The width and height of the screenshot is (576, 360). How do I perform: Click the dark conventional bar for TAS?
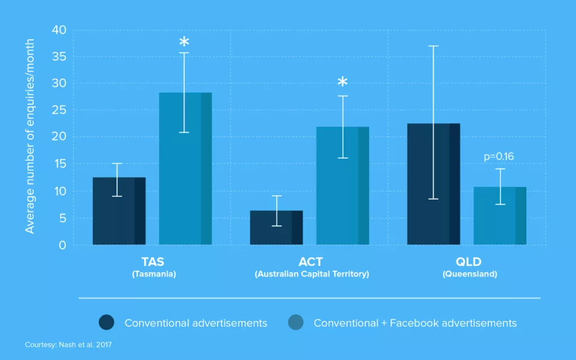point(119,211)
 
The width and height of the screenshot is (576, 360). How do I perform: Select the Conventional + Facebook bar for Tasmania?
point(185,169)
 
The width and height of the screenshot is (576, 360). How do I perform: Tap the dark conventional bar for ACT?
point(276,227)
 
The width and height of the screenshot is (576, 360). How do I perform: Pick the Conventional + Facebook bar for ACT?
point(343,186)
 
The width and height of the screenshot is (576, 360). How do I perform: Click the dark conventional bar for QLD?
point(434,184)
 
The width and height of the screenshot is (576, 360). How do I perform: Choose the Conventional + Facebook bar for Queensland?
point(499,215)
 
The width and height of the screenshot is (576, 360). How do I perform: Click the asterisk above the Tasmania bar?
point(184,42)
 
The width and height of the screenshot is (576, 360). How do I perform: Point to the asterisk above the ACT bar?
point(343,82)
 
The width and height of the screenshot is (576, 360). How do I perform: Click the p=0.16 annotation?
point(498,156)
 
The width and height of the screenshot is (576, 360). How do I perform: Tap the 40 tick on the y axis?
point(58,30)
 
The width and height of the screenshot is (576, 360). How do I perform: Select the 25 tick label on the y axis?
point(58,110)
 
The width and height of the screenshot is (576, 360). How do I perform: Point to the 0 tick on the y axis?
point(62,245)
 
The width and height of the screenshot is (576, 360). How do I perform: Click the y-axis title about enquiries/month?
point(29,136)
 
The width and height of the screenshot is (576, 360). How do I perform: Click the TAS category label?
point(153,262)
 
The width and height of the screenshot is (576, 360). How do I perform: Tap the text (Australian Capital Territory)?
point(312,274)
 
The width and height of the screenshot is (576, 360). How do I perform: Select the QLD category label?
point(469,262)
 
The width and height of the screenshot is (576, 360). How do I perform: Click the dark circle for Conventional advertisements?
point(106,322)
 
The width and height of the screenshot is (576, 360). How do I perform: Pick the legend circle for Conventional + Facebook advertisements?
point(296,322)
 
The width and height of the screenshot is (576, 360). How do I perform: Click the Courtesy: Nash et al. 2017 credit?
point(68,345)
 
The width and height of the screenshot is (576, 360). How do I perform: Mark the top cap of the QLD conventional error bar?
point(433,46)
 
